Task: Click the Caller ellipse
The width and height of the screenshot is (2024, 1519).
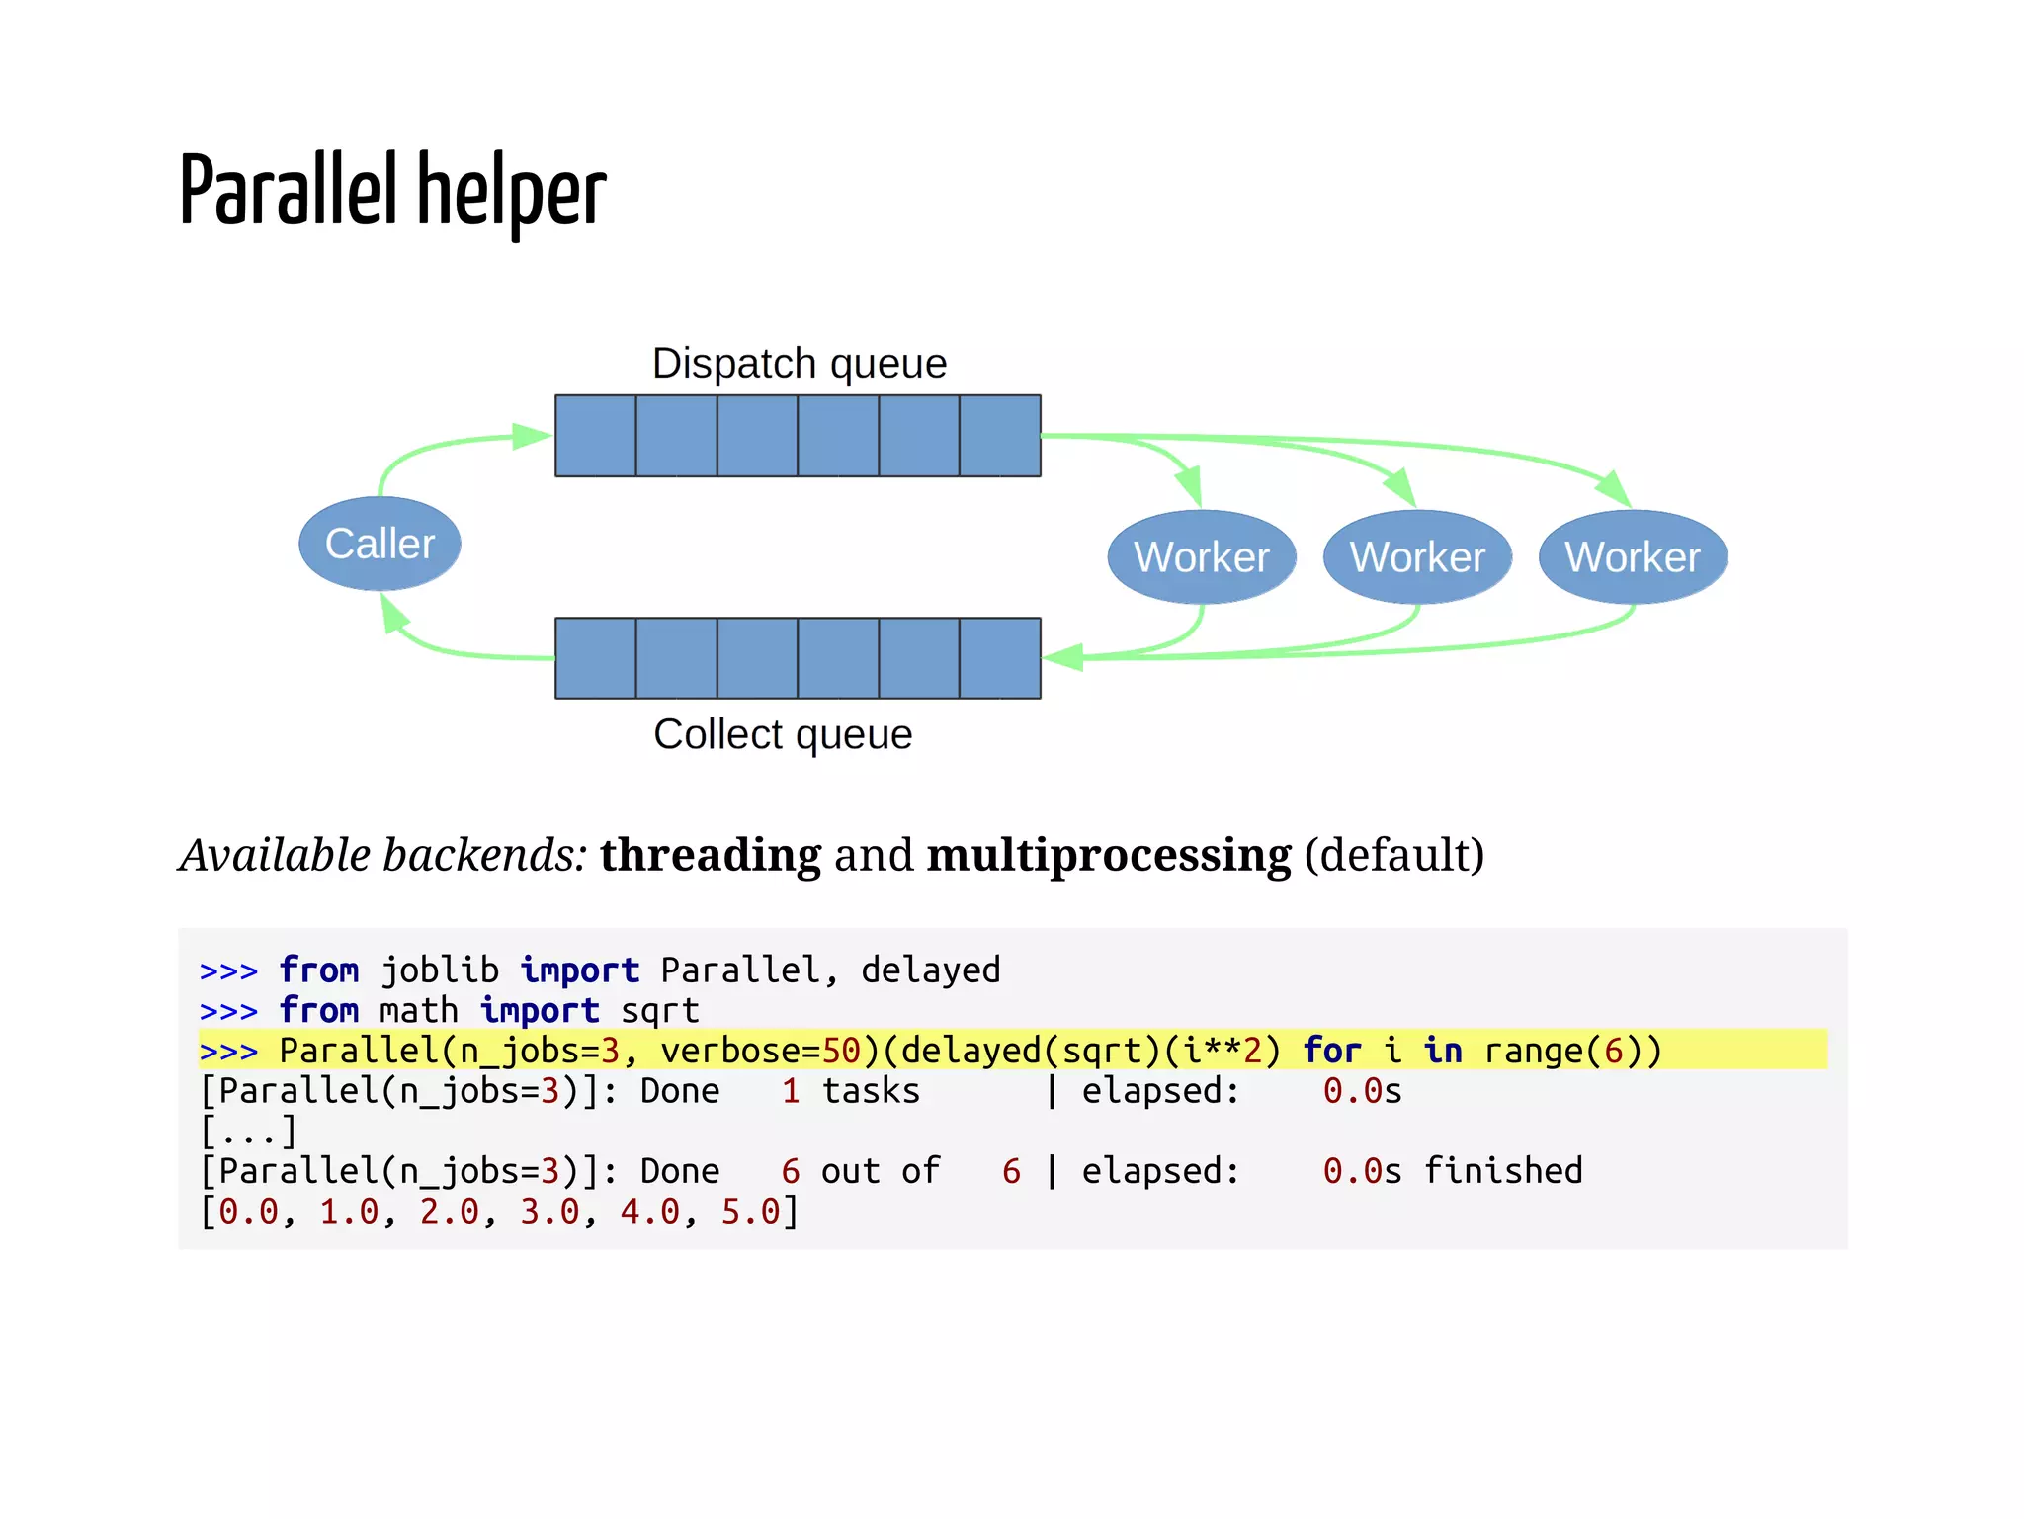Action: [379, 544]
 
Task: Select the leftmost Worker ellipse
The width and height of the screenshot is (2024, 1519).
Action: [1201, 556]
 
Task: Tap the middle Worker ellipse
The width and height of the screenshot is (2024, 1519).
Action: [1417, 556]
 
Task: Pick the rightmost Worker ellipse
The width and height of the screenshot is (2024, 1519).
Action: [1633, 556]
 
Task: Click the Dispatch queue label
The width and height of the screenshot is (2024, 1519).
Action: [799, 363]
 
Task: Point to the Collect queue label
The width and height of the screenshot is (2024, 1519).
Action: [783, 734]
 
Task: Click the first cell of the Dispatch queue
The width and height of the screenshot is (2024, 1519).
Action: [596, 436]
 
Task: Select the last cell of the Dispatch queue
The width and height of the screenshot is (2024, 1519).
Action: [1000, 436]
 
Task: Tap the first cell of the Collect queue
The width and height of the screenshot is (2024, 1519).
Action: [596, 658]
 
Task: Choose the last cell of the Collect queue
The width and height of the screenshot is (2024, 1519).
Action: [1000, 658]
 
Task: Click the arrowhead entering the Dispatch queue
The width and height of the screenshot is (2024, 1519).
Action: [532, 436]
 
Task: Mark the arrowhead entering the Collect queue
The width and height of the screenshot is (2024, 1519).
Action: [1063, 657]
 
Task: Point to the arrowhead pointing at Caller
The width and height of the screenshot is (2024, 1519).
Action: [393, 614]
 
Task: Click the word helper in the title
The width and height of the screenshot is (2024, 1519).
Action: [511, 192]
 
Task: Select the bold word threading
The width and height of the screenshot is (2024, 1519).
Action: [710, 855]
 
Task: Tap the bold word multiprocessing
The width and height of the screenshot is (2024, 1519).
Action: [1108, 855]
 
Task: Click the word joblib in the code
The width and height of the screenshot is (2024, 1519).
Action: [440, 970]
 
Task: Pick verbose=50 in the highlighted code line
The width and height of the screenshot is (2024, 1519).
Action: [759, 1051]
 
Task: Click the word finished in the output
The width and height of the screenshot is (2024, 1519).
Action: [1502, 1171]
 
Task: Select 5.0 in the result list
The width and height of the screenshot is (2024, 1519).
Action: [750, 1212]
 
